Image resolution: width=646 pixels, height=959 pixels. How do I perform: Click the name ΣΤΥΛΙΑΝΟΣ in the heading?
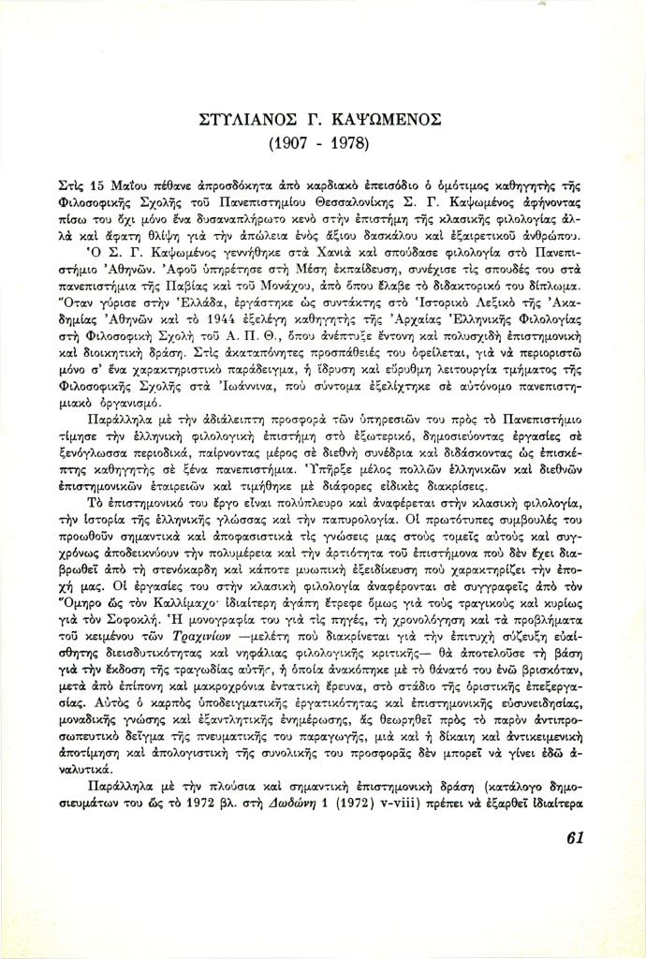tap(247, 121)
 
